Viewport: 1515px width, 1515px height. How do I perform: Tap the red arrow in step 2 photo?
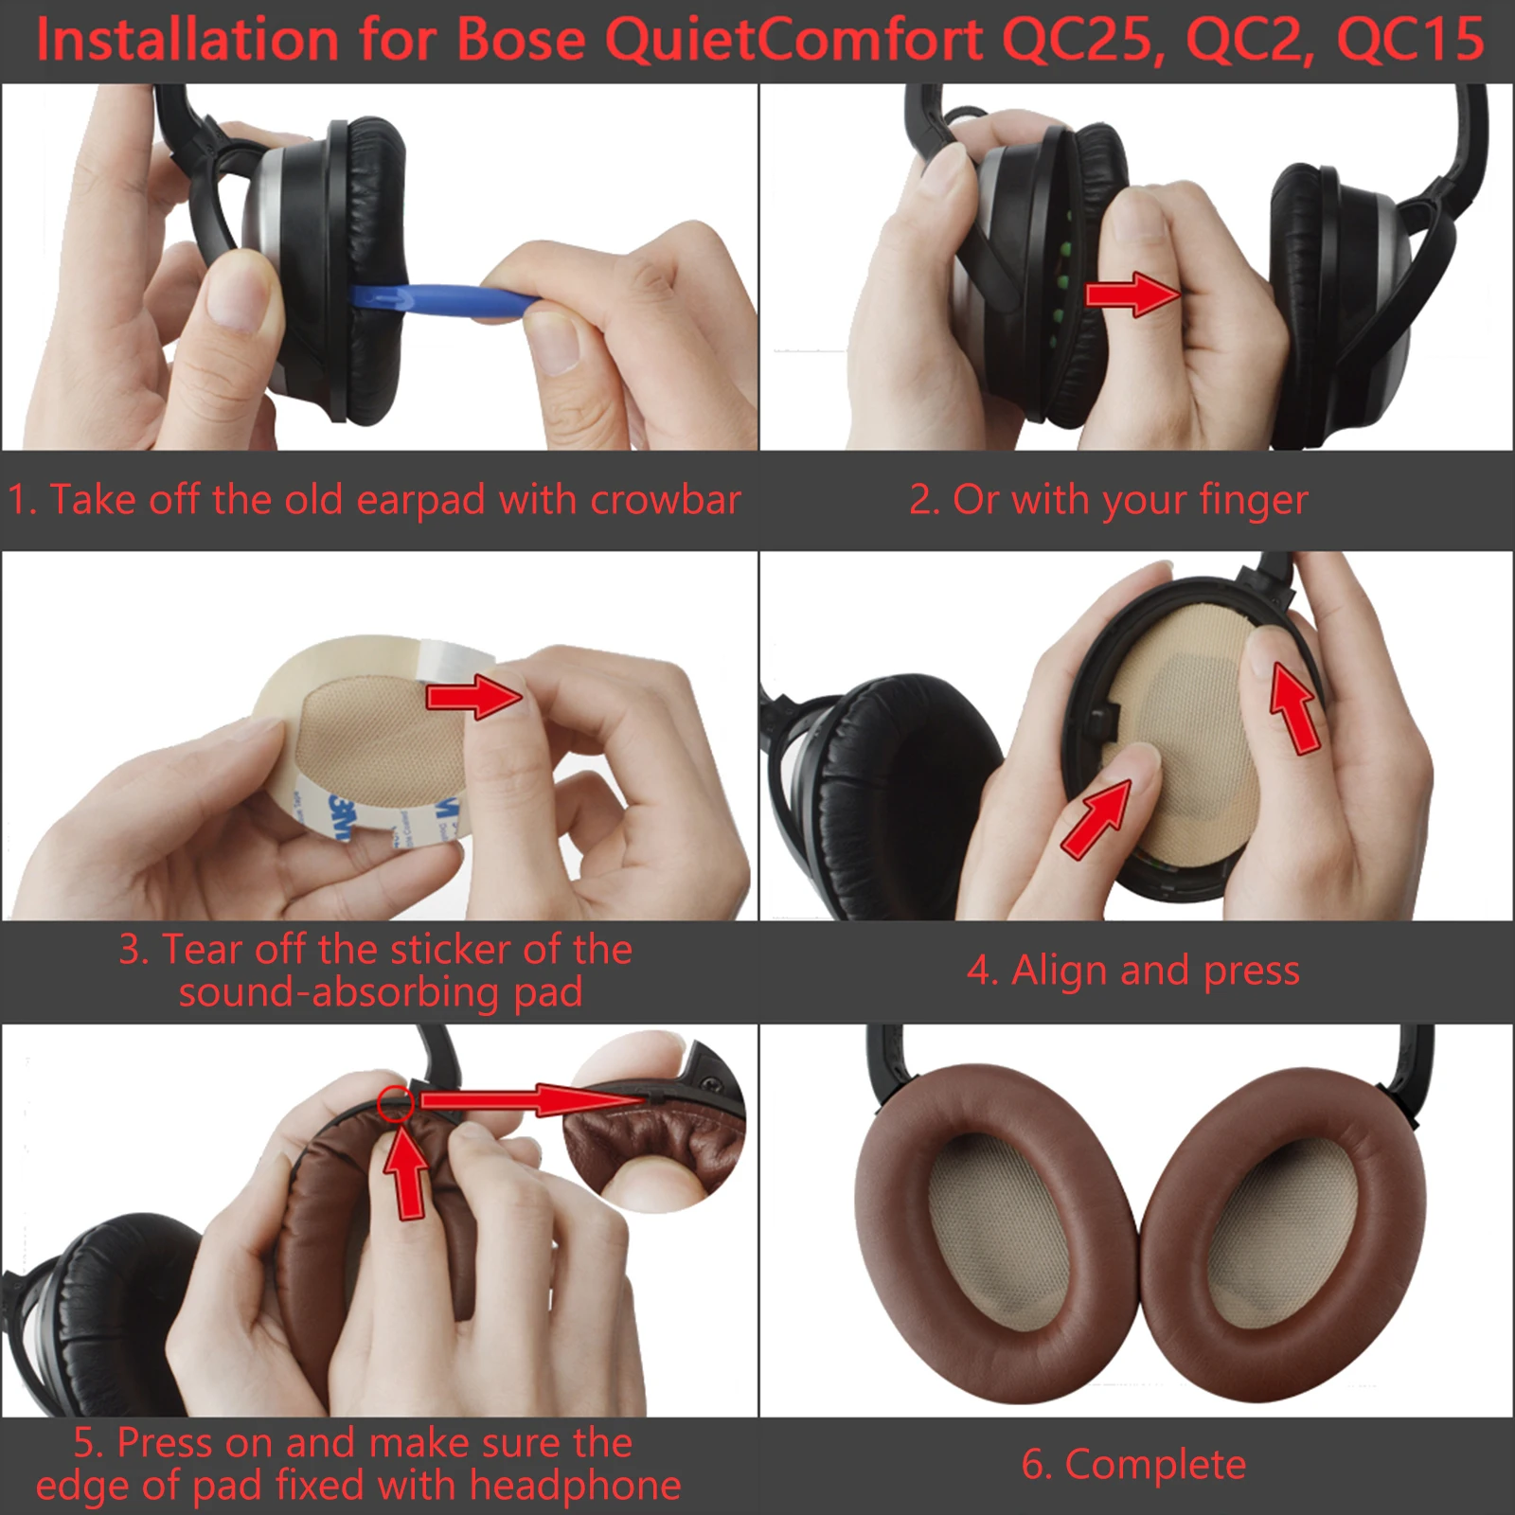1132,294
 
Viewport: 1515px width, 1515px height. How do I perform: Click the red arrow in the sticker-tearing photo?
473,698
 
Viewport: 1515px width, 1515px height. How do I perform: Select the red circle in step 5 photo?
395,1104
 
